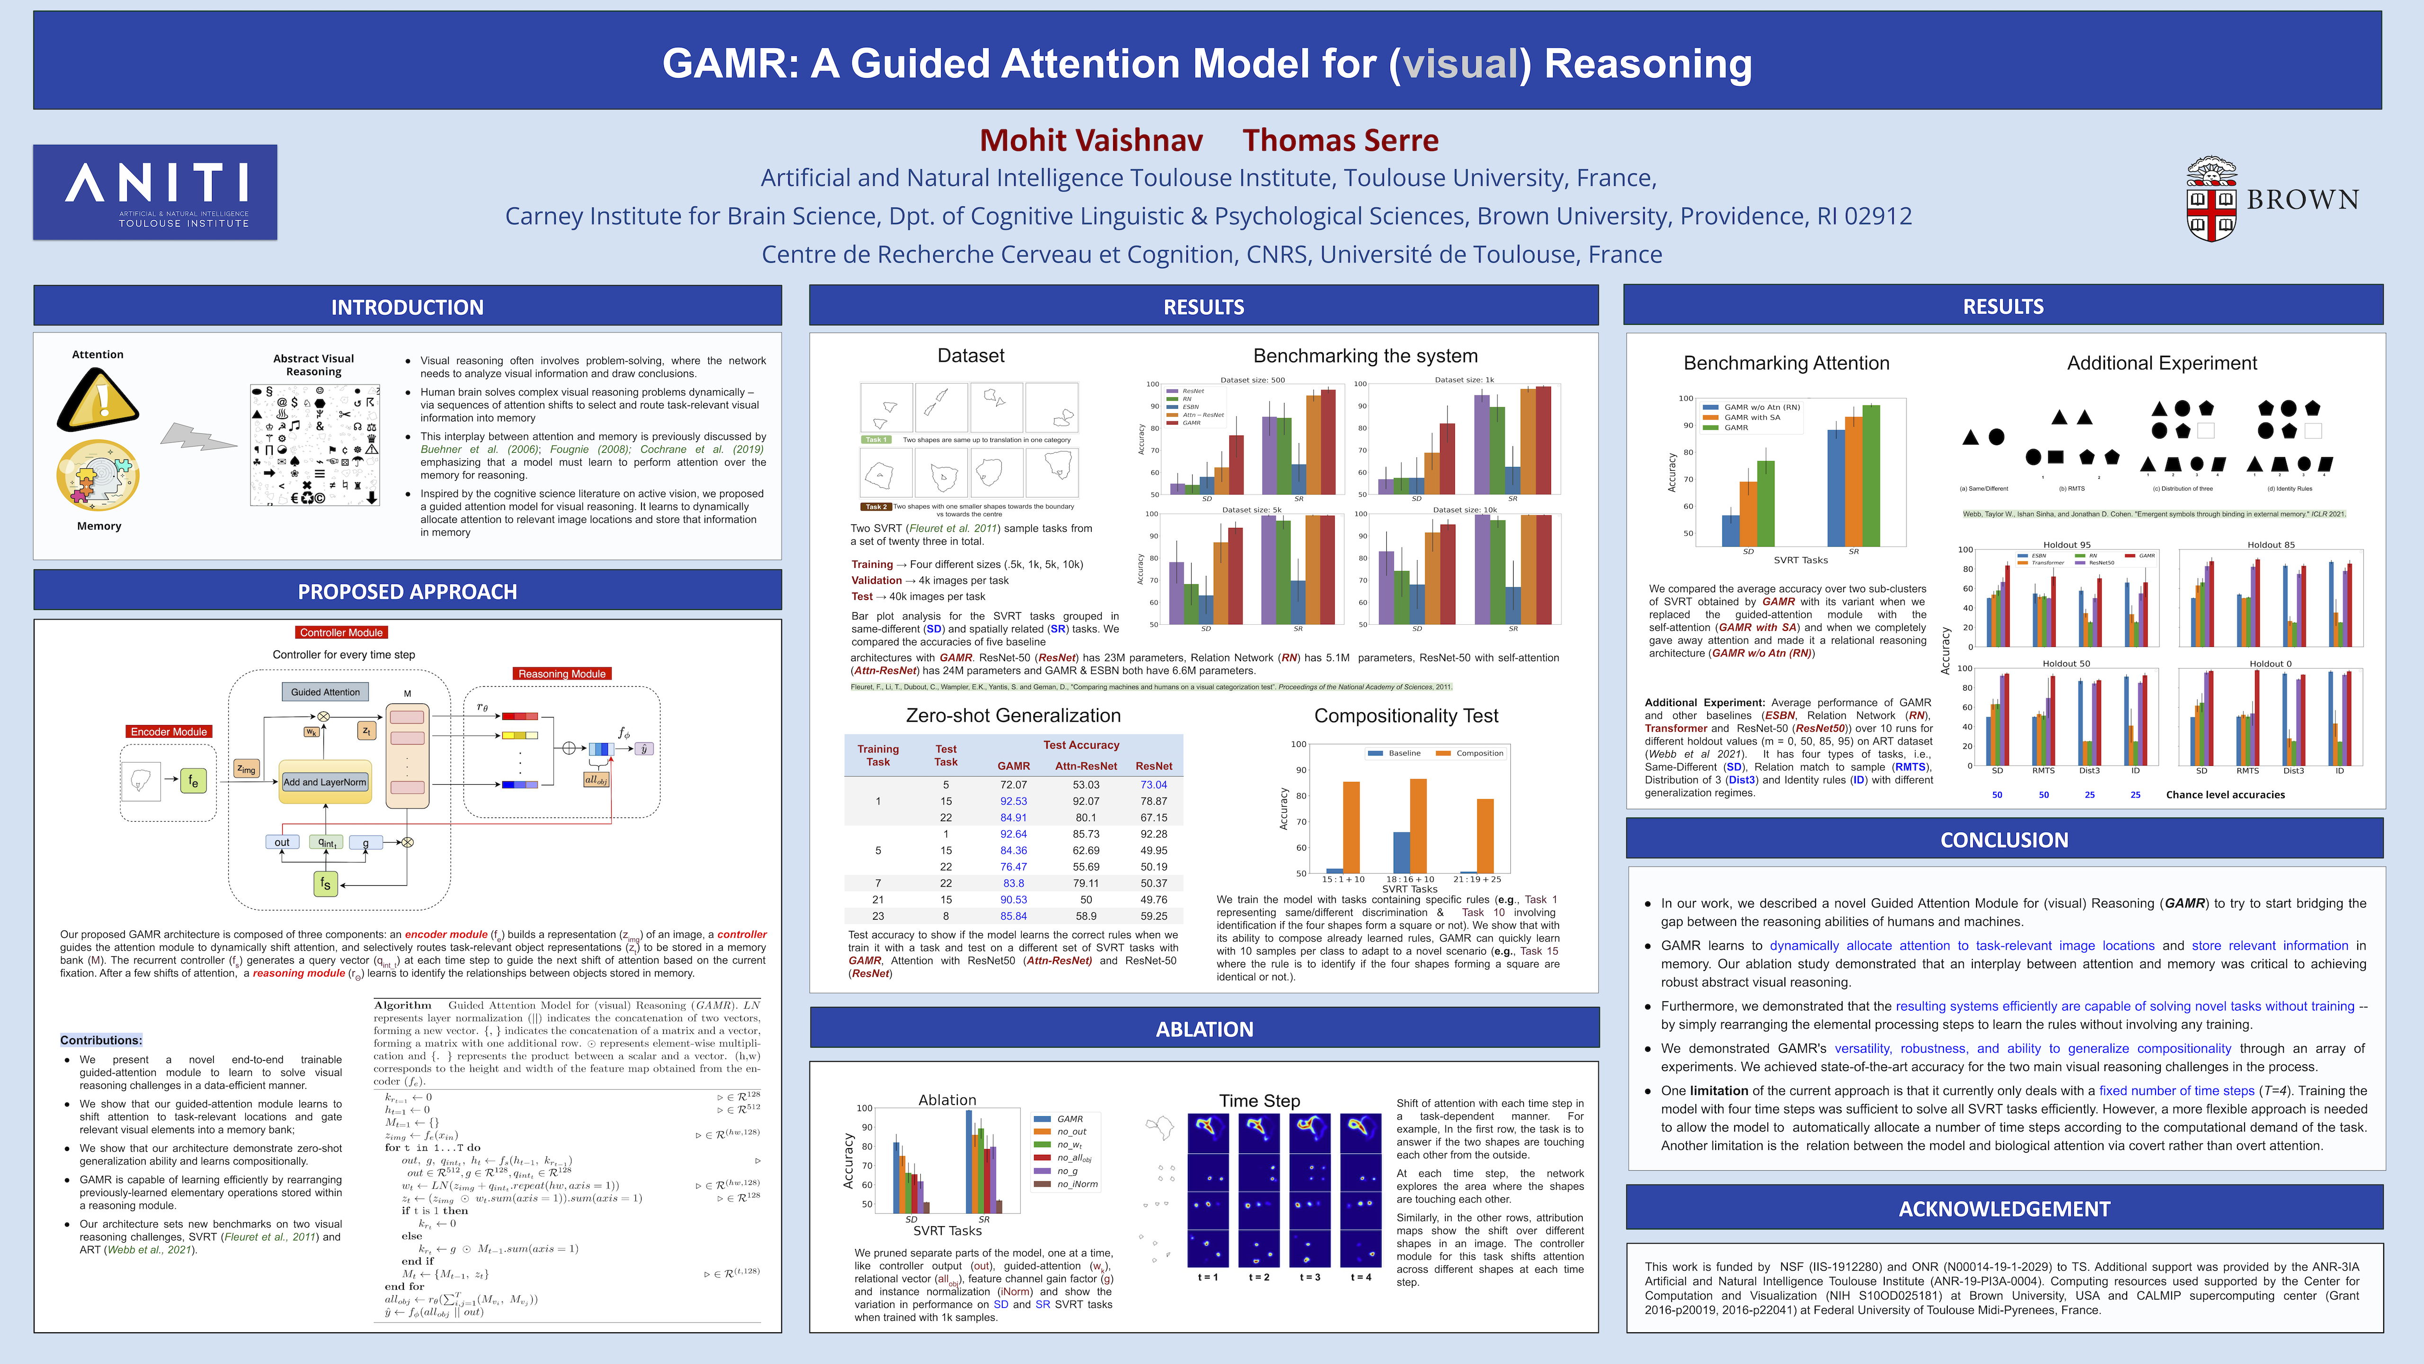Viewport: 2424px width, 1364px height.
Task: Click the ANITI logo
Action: pos(155,192)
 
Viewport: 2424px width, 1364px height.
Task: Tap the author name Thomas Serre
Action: pos(1340,140)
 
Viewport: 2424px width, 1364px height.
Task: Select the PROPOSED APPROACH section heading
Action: pos(408,591)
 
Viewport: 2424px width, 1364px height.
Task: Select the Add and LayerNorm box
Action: pos(325,782)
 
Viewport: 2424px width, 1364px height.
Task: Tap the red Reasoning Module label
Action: pos(562,674)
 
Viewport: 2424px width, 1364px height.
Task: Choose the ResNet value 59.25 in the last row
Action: pos(1154,916)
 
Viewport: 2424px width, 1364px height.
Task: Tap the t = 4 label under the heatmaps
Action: pos(1361,1277)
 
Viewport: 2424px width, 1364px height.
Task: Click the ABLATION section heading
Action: pos(1204,1029)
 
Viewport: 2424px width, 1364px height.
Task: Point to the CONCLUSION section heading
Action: pos(2005,840)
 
